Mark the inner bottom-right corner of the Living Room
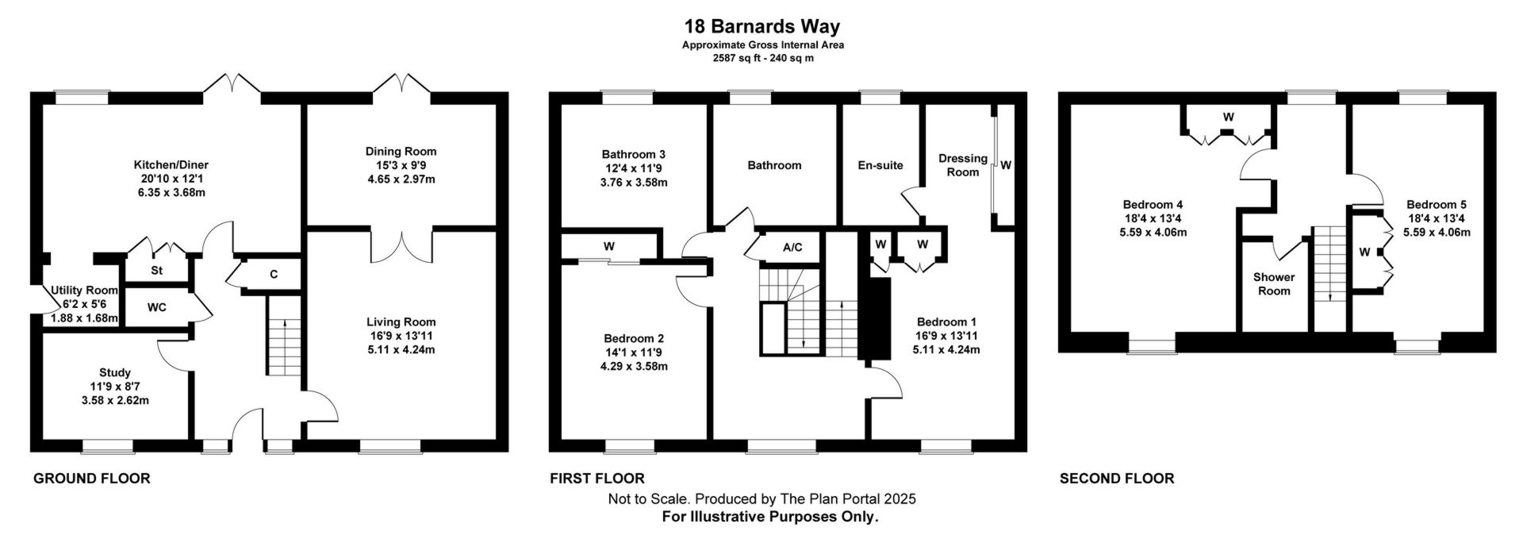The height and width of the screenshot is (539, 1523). [497, 439]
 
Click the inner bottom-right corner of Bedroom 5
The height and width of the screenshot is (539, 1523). [1483, 330]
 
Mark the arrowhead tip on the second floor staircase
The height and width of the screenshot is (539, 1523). [1331, 302]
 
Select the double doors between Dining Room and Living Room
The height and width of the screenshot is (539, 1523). [401, 246]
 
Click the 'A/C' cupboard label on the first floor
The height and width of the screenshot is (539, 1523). [792, 248]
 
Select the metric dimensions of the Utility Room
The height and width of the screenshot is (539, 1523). [84, 318]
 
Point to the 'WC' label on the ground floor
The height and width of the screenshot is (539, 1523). [157, 307]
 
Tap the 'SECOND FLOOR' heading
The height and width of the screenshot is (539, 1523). [1117, 478]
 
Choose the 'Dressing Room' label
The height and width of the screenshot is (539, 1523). [963, 165]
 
